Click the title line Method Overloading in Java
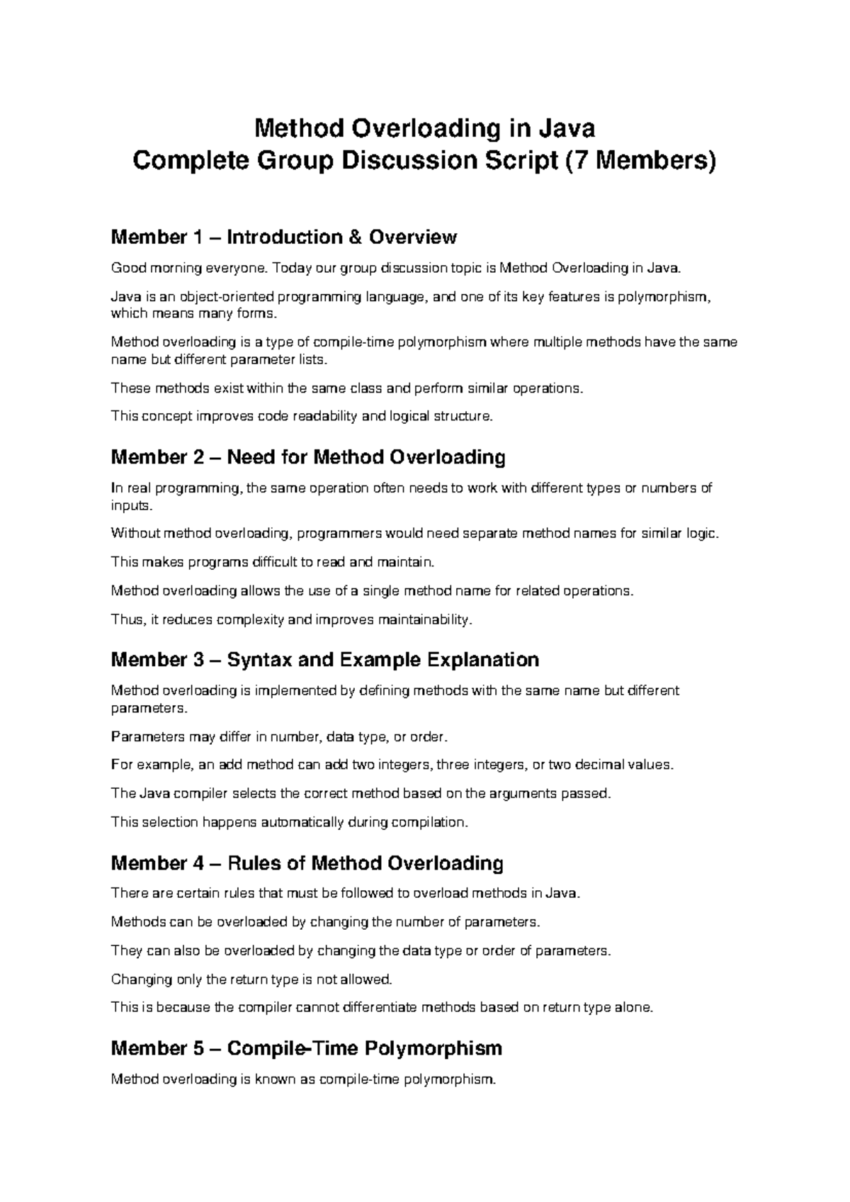(424, 128)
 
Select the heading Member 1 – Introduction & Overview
(283, 237)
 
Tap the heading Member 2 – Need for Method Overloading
(308, 457)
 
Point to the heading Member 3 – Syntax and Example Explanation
(325, 660)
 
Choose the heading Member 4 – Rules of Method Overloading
(307, 863)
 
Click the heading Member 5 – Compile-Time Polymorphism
(307, 1048)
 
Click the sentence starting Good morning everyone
(399, 269)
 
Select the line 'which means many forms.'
(191, 314)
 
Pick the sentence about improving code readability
(301, 417)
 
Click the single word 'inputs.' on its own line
(132, 506)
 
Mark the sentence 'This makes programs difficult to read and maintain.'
(271, 563)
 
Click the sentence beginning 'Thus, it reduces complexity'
(291, 620)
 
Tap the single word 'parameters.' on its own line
(140, 709)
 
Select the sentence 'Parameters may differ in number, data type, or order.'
(280, 737)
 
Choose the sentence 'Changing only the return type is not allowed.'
(251, 980)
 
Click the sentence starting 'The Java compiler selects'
(361, 794)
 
